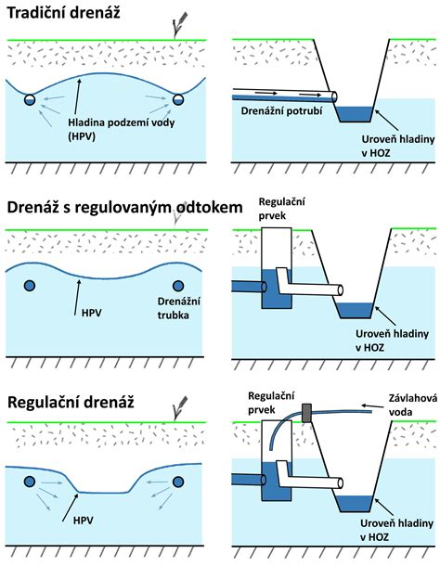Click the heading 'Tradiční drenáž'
[x=63, y=13]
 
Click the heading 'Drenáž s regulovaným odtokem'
[x=124, y=208]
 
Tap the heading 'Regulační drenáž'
[x=71, y=402]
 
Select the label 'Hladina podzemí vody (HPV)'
[x=122, y=129]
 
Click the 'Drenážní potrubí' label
[x=281, y=110]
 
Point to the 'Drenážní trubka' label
[x=179, y=308]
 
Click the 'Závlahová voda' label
[x=413, y=405]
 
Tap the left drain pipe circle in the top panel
[x=30, y=99]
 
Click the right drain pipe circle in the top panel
[x=178, y=99]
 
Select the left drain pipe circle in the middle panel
[x=30, y=286]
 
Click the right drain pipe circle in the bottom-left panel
[x=178, y=482]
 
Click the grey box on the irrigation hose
[x=306, y=413]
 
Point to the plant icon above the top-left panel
[x=180, y=24]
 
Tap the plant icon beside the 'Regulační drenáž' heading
[x=180, y=408]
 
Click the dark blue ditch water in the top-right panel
[x=356, y=114]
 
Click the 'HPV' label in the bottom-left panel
[x=84, y=521]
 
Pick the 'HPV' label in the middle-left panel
[x=92, y=313]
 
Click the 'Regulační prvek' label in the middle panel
[x=282, y=209]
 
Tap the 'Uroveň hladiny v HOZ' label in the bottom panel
[x=396, y=530]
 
